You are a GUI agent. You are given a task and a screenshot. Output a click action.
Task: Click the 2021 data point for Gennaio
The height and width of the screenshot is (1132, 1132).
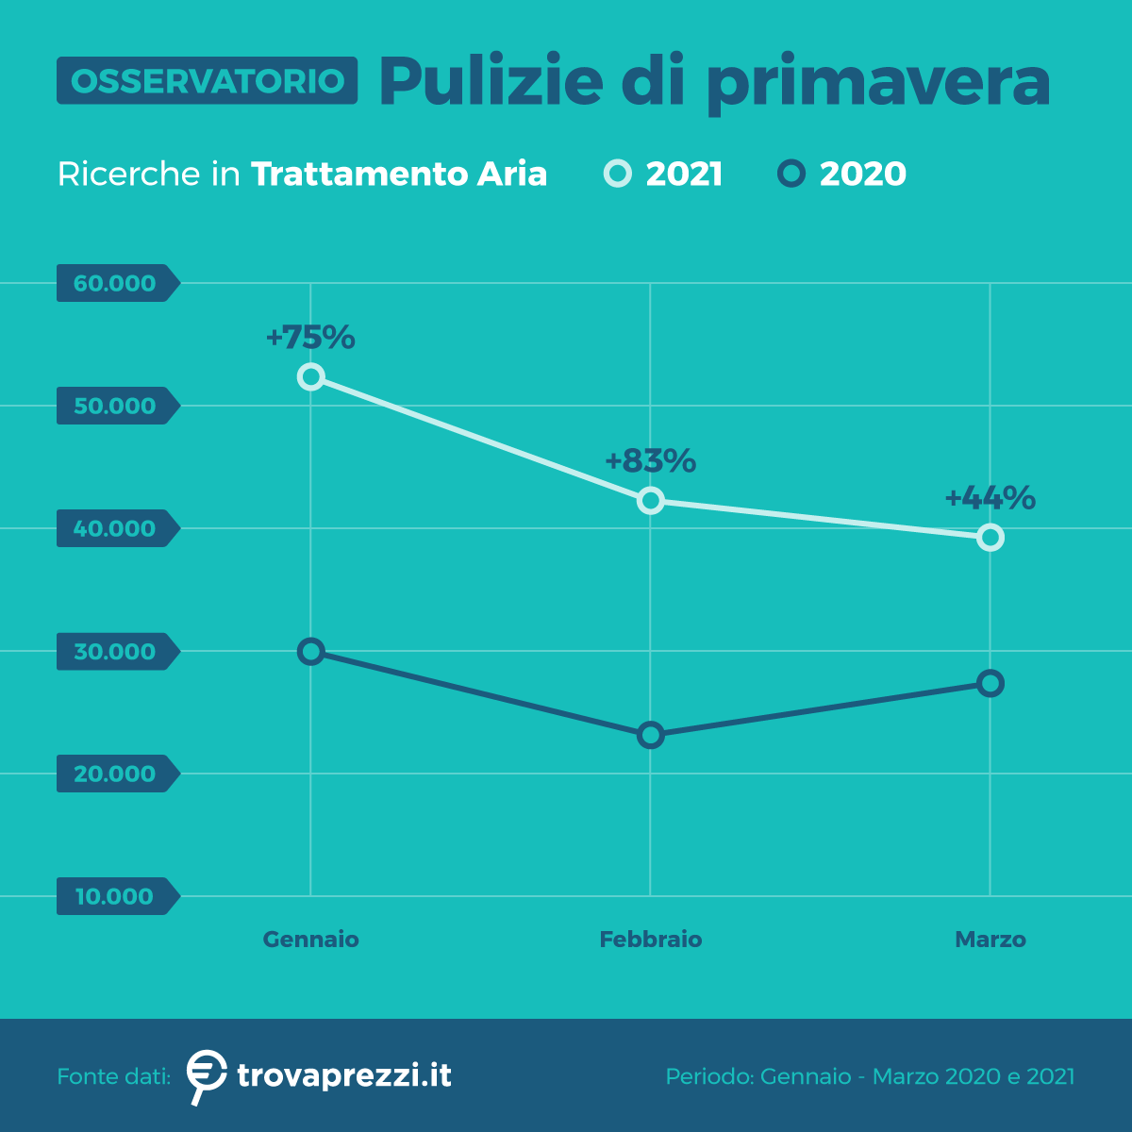(x=310, y=377)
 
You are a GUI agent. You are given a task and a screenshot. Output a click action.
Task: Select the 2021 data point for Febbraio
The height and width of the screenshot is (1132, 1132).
(x=650, y=500)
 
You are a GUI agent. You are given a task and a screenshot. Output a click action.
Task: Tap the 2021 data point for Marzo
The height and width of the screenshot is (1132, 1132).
(x=990, y=538)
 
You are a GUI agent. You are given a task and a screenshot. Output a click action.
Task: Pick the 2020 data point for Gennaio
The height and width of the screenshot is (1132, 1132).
(x=310, y=651)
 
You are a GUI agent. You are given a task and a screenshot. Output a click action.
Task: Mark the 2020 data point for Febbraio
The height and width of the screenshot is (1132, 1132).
(x=650, y=735)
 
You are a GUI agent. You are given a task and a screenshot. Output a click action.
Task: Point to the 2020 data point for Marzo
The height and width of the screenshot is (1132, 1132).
(x=990, y=683)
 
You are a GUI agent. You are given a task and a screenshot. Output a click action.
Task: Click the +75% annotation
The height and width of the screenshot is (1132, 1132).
(x=310, y=337)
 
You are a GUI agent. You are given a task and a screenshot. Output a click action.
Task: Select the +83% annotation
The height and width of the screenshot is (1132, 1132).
(x=650, y=460)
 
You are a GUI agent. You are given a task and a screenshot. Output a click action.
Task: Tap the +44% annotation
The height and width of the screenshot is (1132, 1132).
(x=990, y=497)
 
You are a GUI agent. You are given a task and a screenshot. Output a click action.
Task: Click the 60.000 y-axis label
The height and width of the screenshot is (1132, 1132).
(x=115, y=283)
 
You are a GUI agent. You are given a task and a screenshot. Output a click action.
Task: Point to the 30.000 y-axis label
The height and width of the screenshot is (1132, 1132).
(x=115, y=651)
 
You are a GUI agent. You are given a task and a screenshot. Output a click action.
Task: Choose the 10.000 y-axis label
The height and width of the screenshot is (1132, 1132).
(x=115, y=896)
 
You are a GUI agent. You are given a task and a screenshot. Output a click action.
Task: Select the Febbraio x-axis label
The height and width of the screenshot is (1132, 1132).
(x=650, y=940)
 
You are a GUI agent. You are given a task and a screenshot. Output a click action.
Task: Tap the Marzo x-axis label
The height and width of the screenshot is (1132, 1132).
(x=990, y=940)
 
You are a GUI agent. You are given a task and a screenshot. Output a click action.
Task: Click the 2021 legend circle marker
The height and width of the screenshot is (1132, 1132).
(x=618, y=174)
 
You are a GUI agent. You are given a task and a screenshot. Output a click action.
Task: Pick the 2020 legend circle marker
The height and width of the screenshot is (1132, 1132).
(x=791, y=174)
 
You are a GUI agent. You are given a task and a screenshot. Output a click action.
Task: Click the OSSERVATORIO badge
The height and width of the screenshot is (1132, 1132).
(x=207, y=81)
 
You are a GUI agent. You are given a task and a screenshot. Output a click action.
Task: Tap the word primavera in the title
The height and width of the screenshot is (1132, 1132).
(x=877, y=83)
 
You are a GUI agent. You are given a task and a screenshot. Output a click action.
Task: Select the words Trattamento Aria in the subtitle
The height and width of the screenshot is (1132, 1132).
(x=399, y=175)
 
